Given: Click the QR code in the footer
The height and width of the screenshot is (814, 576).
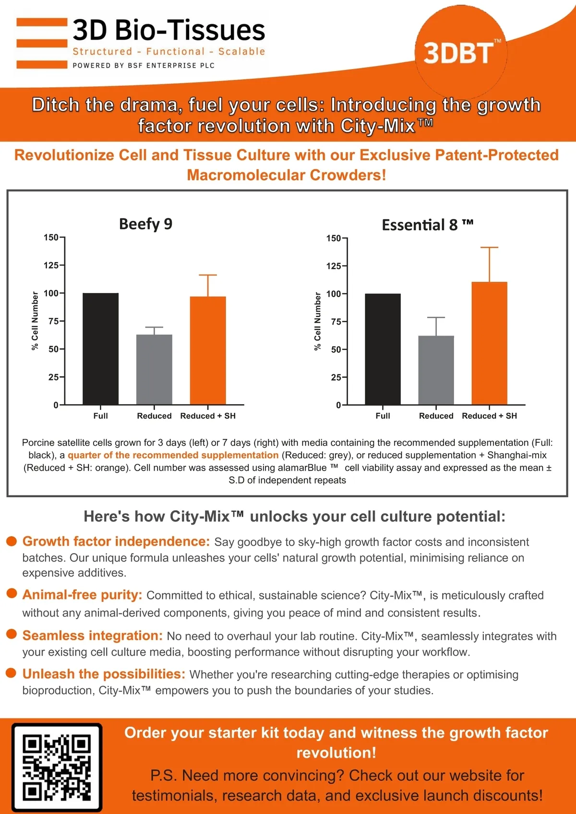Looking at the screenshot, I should [x=57, y=767].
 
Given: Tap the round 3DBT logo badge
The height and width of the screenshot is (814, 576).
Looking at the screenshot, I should [x=460, y=52].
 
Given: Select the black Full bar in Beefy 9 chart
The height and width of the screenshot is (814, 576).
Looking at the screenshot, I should [x=100, y=348].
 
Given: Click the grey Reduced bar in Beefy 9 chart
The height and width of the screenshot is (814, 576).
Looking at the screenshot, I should [x=154, y=369].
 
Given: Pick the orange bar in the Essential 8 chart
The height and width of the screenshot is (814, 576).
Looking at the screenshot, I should [x=489, y=343].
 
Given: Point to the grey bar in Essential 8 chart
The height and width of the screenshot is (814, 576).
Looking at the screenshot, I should [x=436, y=370].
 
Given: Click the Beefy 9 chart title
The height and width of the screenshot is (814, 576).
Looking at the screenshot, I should [x=145, y=224].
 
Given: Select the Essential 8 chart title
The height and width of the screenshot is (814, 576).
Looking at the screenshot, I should [x=427, y=225].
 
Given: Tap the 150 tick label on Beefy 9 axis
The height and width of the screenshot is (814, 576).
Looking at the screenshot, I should [x=50, y=238].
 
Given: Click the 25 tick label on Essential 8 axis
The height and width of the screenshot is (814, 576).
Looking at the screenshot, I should [x=336, y=377].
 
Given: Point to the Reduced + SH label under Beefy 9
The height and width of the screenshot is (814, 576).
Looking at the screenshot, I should [x=208, y=416].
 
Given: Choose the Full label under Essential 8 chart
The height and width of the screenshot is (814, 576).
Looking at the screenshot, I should [x=383, y=416].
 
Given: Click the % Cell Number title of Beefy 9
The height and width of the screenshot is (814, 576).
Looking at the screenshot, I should [x=35, y=321].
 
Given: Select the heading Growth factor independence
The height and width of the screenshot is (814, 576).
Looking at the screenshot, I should [x=116, y=541].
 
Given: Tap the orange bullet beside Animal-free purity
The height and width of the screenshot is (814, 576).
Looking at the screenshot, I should [x=12, y=593].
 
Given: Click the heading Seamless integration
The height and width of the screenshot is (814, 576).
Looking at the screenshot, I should [x=93, y=635].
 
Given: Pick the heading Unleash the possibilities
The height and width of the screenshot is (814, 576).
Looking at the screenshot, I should [x=104, y=674].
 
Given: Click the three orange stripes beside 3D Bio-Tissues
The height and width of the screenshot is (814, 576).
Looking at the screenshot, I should [x=42, y=43].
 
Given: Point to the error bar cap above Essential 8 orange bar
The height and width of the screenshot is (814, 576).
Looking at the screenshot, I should [x=489, y=248].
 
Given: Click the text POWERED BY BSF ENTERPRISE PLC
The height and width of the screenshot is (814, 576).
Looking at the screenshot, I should [x=144, y=65].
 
